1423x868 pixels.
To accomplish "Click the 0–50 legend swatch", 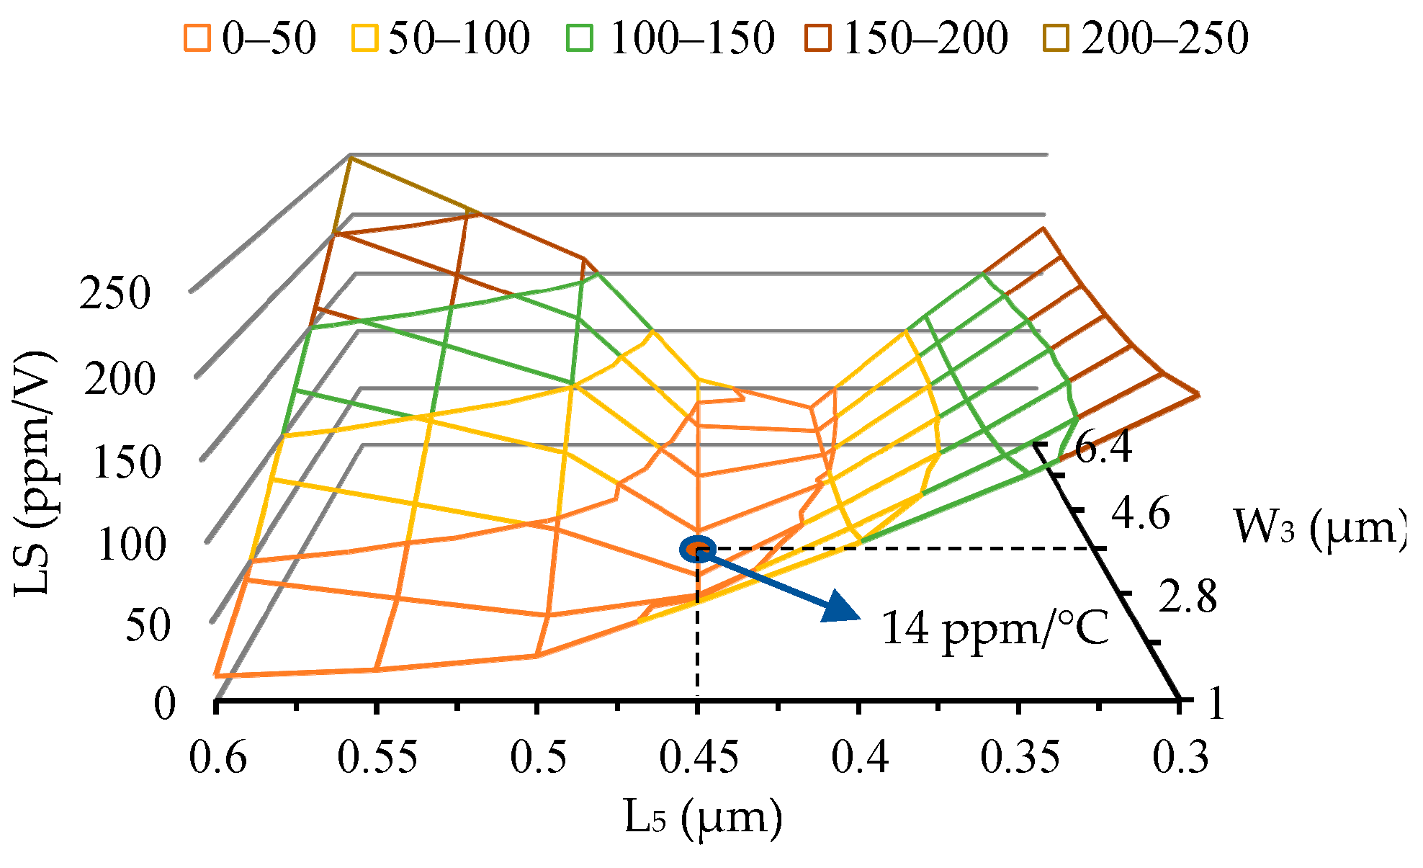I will (x=196, y=37).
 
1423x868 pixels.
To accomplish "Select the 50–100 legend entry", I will (x=459, y=37).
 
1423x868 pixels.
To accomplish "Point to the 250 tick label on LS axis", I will (x=115, y=294).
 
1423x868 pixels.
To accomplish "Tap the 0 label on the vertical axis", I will (x=165, y=704).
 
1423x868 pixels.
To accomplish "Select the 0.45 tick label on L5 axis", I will (x=699, y=759).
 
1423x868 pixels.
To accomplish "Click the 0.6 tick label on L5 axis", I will (x=218, y=759).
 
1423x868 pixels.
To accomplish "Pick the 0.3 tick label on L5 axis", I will (x=1180, y=759).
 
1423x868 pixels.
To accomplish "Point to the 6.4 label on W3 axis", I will (x=1103, y=447).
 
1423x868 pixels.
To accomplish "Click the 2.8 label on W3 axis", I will (x=1188, y=597).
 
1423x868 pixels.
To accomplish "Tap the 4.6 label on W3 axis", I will (x=1141, y=514).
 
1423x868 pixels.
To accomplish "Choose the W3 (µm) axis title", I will (x=1320, y=527).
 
